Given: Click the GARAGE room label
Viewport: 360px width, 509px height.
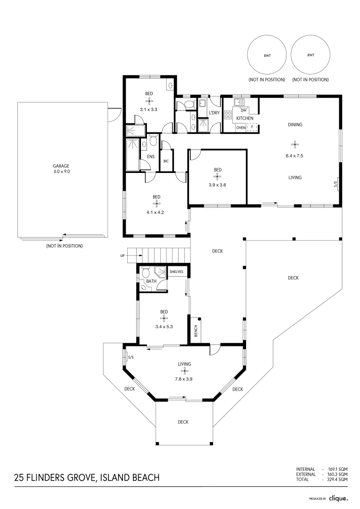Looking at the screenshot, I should (x=61, y=166).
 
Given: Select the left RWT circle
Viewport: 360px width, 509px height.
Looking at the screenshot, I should (x=267, y=56).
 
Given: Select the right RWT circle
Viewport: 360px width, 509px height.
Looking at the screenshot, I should (x=310, y=56).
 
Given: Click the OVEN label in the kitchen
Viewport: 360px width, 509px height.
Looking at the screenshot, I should (x=240, y=127).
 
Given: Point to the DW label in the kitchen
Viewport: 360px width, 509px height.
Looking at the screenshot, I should (x=244, y=110).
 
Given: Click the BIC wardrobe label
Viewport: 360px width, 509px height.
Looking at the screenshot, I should (x=166, y=161).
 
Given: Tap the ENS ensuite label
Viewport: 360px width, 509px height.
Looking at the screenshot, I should (x=151, y=156).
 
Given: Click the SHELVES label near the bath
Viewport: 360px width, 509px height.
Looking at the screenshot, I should (x=176, y=272).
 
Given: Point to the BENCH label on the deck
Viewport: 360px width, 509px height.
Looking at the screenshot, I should (x=196, y=332).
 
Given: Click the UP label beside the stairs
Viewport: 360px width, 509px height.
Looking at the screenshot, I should (x=123, y=256).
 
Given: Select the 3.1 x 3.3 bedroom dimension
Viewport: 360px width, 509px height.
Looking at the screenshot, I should (x=148, y=109).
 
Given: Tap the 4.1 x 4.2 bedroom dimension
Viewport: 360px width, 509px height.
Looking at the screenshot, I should (x=155, y=212).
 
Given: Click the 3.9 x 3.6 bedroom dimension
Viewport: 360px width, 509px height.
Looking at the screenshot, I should (x=217, y=185).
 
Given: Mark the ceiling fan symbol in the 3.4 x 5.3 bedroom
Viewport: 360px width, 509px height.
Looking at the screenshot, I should (x=164, y=319).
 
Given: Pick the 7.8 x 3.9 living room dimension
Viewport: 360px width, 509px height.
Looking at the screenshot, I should (x=184, y=378).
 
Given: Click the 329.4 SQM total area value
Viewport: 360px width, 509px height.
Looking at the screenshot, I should (x=337, y=479).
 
